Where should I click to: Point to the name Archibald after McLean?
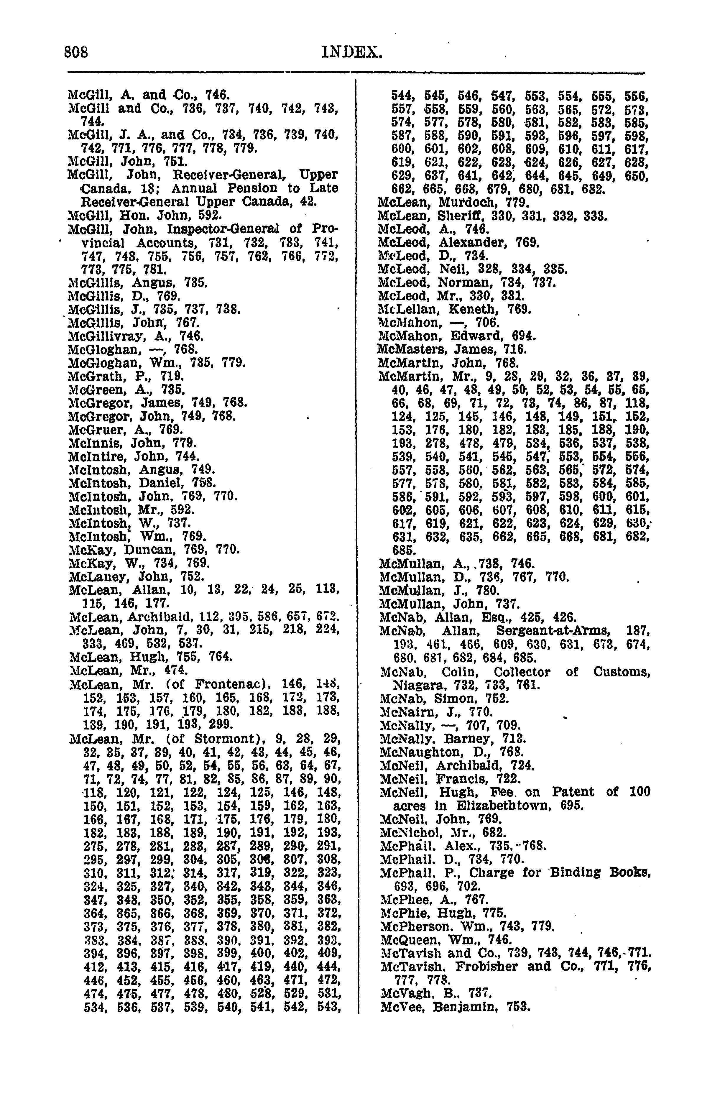[x=160, y=617]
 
